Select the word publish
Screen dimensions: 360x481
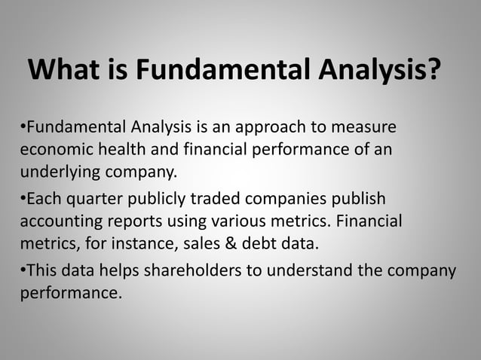coord(357,199)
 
